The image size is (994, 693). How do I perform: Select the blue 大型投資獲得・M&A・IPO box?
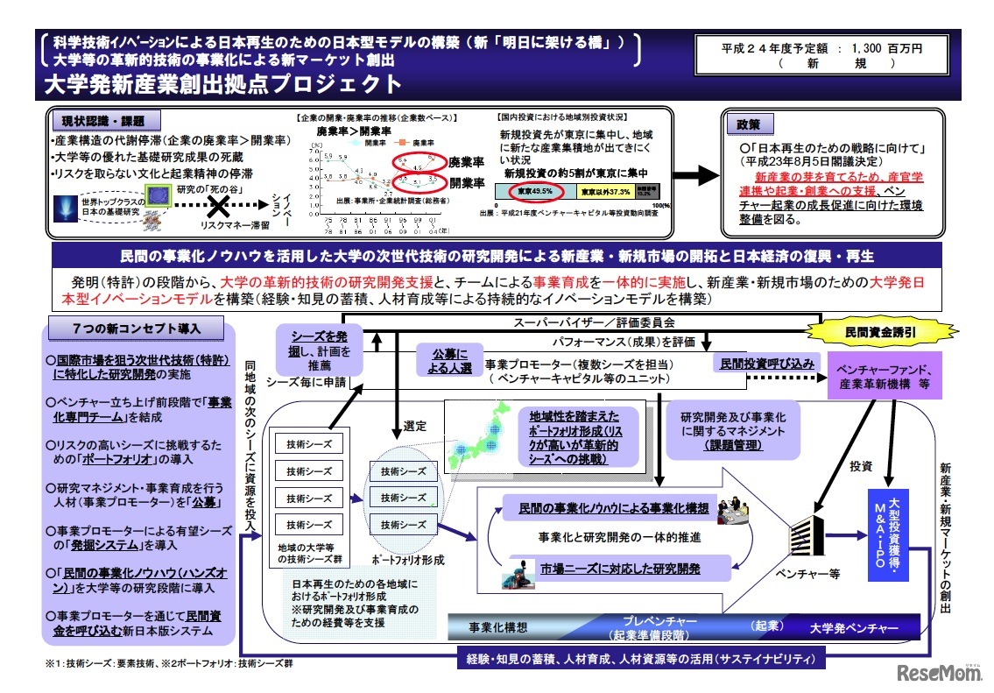pos(893,534)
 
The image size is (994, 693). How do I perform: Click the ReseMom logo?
pos(941,673)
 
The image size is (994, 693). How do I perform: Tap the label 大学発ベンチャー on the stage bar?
pos(854,627)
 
